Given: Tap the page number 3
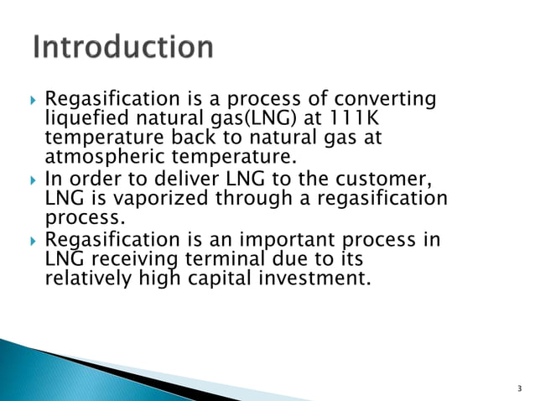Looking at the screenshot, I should point(519,388).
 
